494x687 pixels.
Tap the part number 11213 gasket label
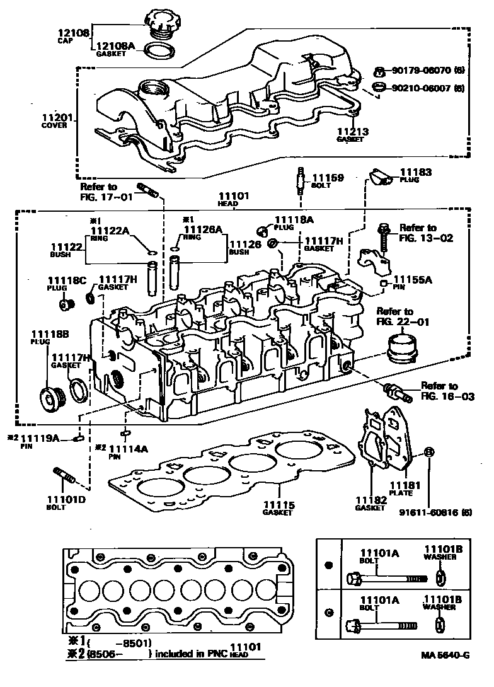coord(352,132)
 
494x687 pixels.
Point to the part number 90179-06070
coord(422,72)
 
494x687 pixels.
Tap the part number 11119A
coord(40,438)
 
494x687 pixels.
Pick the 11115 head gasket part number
coord(278,504)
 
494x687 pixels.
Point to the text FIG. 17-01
coord(106,196)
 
